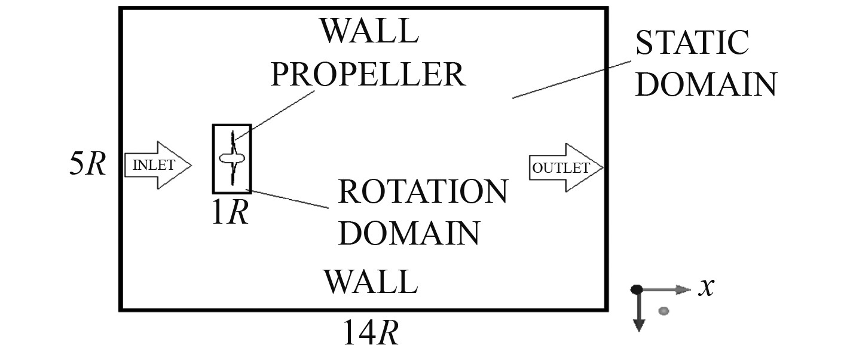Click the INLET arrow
[157, 166]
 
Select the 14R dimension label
[370, 332]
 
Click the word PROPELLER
[367, 74]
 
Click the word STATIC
[692, 43]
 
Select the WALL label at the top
[369, 30]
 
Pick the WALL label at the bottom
[370, 281]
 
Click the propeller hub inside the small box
[232, 158]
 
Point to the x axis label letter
[707, 288]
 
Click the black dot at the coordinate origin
[637, 289]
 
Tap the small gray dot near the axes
[663, 310]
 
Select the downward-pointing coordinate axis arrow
[638, 317]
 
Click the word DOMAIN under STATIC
[705, 84]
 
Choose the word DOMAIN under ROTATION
[409, 233]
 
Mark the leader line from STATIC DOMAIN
[571, 79]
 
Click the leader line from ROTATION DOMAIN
[290, 199]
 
